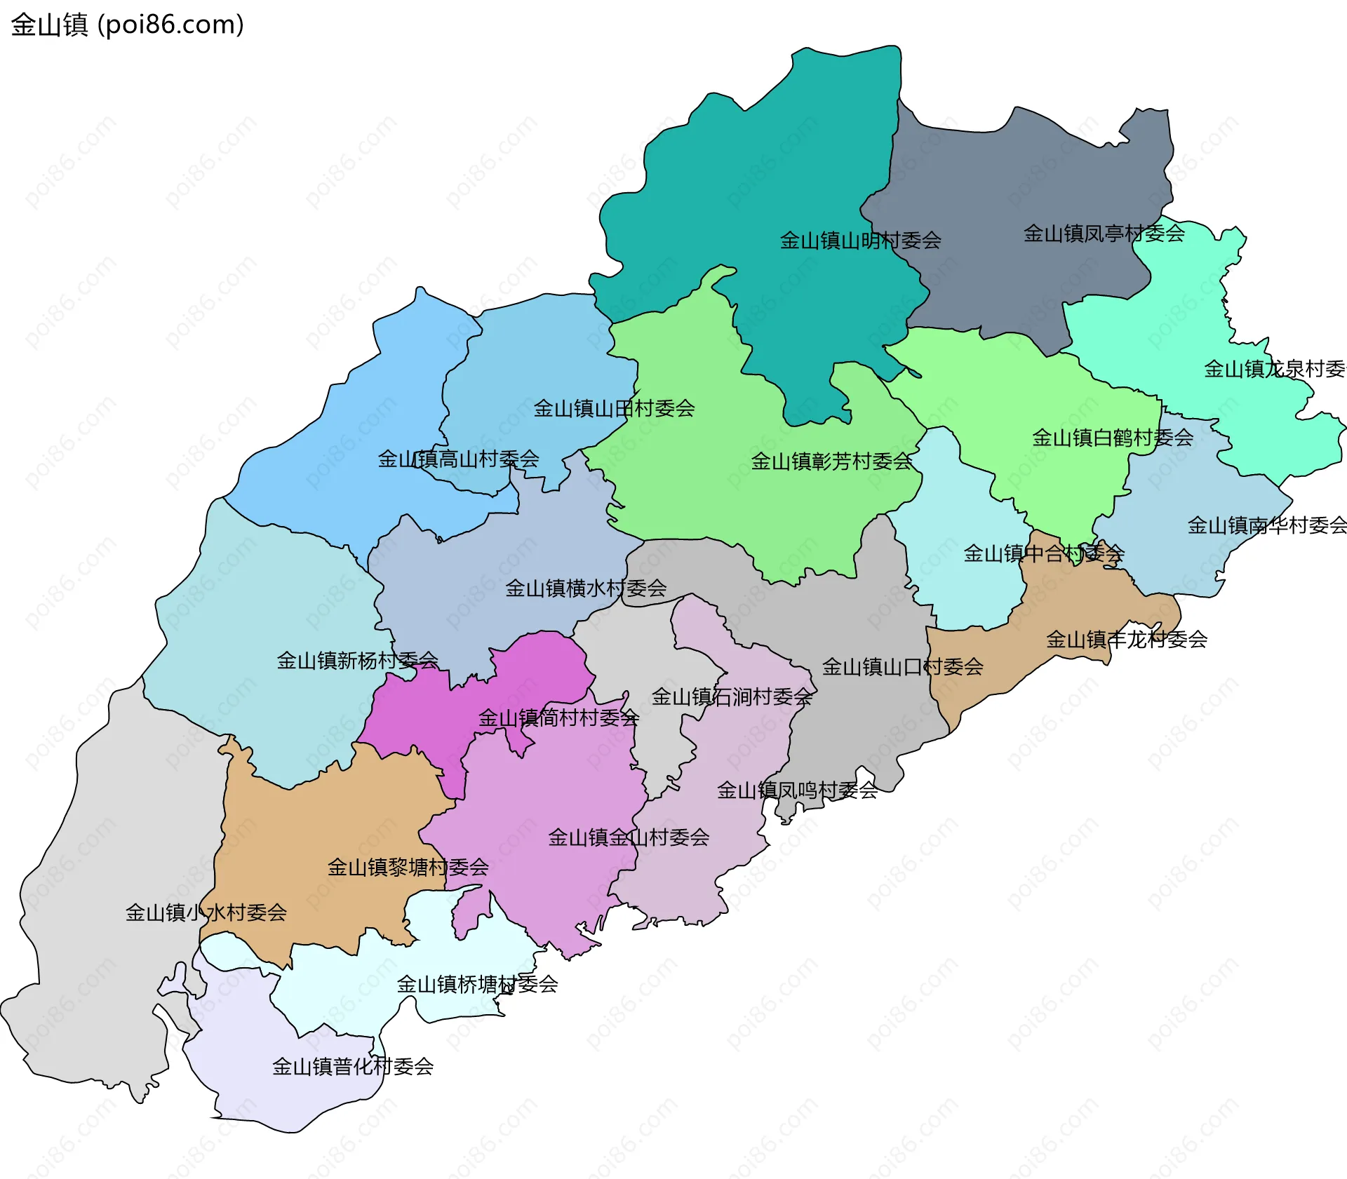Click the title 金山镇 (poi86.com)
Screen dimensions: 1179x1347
[127, 25]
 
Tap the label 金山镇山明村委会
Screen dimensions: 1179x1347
[860, 241]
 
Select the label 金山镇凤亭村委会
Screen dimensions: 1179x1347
[1104, 234]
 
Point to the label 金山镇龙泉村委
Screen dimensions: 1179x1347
[1274, 369]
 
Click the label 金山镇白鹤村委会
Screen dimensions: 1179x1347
[1112, 438]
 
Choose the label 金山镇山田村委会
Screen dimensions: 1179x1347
[614, 408]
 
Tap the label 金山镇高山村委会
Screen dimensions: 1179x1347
[458, 459]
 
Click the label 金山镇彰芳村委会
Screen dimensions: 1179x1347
[831, 462]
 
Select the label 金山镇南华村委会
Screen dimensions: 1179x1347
[1266, 525]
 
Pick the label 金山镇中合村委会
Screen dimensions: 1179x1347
[1043, 553]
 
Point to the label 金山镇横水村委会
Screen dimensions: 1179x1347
[586, 588]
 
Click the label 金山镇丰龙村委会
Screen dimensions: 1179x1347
[1126, 639]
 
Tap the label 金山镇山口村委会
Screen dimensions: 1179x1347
[902, 666]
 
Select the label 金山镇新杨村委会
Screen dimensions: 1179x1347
[357, 660]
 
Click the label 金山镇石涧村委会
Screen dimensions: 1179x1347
[732, 696]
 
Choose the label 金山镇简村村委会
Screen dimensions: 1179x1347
[558, 717]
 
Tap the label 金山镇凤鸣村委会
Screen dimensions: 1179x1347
[797, 790]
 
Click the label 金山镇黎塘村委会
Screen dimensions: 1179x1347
[408, 867]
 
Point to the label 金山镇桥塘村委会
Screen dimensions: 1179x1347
[477, 984]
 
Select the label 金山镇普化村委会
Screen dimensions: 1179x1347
[352, 1067]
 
